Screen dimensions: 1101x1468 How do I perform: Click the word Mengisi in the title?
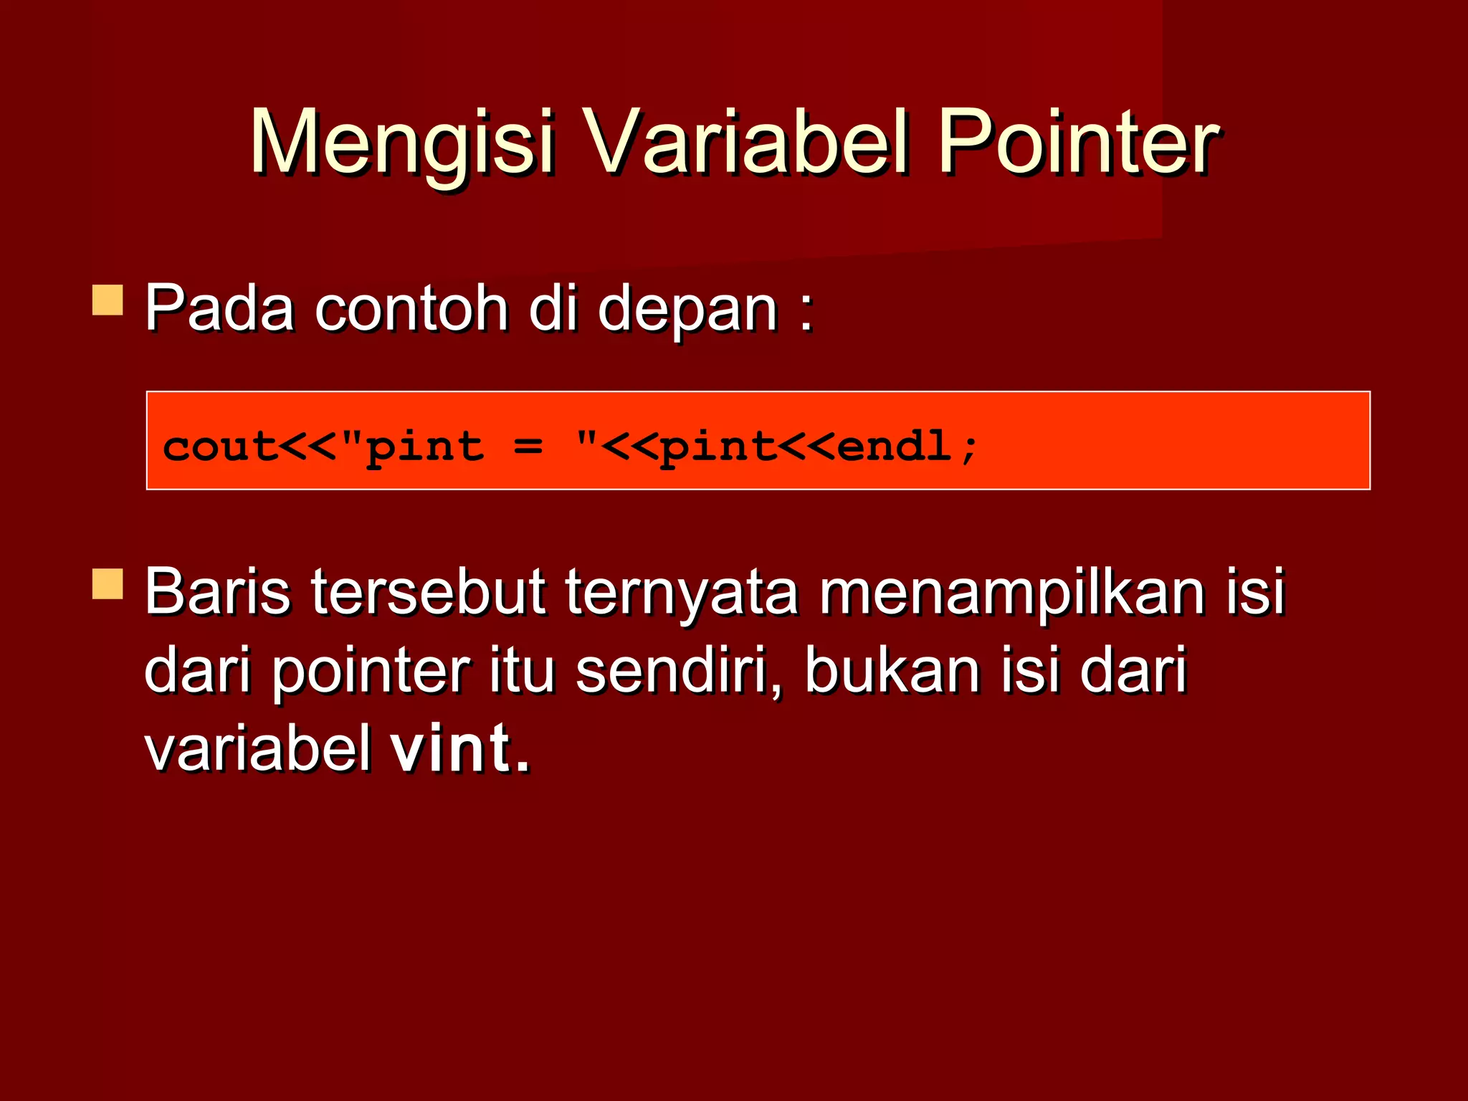pyautogui.click(x=401, y=143)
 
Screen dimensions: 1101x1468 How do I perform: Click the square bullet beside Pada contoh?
pyautogui.click(x=108, y=300)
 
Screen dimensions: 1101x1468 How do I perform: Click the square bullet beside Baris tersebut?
pyautogui.click(x=108, y=583)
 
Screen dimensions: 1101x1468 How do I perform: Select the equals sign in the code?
pyautogui.click(x=528, y=447)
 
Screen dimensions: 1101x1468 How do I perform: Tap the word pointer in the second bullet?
pyautogui.click(x=371, y=672)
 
